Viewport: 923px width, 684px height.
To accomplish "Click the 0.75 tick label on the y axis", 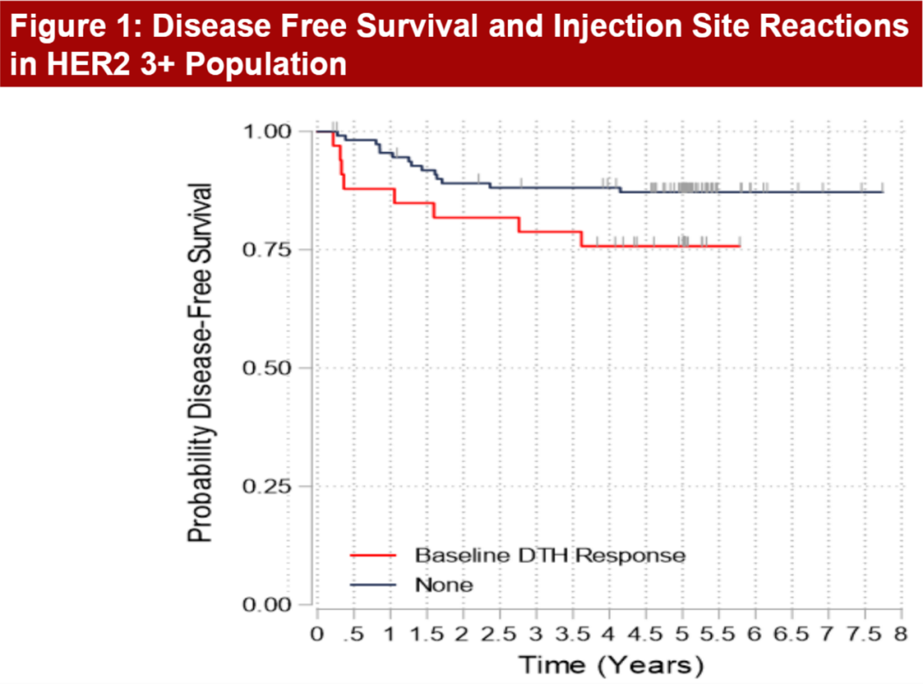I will (x=266, y=249).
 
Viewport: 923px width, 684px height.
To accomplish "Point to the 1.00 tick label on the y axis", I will (x=266, y=132).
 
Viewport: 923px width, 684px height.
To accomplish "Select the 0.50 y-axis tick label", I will (x=266, y=368).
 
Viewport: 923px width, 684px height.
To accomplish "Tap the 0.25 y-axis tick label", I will (x=266, y=486).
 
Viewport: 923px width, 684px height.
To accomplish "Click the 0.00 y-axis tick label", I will (x=266, y=605).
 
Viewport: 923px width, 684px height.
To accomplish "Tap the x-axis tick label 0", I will (x=317, y=636).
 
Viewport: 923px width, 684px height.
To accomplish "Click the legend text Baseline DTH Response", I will (x=550, y=555).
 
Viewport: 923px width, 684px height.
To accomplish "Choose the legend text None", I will (x=444, y=584).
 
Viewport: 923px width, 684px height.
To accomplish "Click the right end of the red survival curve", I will (x=739, y=246).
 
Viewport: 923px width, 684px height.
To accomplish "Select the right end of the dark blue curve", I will (x=882, y=191).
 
